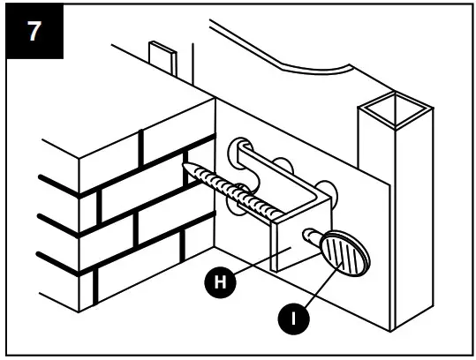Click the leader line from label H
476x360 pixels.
(x=260, y=267)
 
